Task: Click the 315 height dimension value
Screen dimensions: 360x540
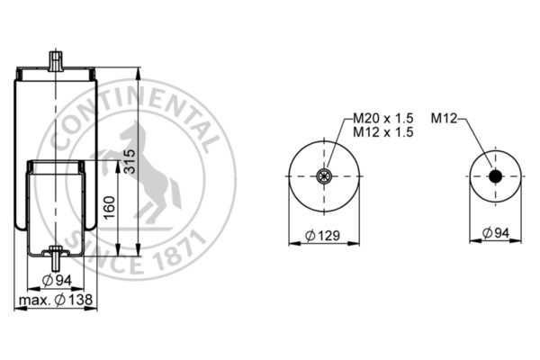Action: coord(130,162)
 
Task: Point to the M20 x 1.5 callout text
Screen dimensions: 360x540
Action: coord(382,118)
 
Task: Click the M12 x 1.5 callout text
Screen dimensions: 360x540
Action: coord(382,131)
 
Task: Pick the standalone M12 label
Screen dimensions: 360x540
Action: coord(445,118)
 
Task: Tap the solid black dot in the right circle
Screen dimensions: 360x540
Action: coord(495,176)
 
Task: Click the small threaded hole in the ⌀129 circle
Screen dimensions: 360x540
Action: coord(323,176)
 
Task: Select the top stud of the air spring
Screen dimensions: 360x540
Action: coord(56,61)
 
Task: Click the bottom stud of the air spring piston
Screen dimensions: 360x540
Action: coord(56,261)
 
